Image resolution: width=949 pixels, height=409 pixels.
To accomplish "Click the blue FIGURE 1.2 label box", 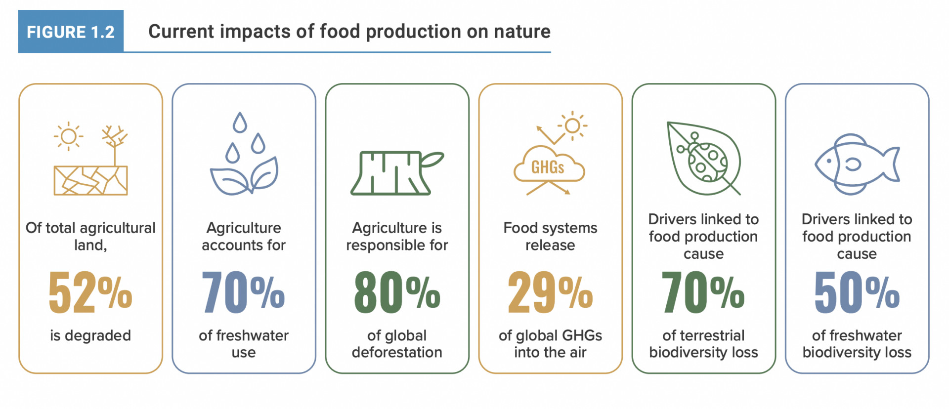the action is [x=71, y=32].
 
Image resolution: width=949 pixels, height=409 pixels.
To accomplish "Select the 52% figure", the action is [x=90, y=292].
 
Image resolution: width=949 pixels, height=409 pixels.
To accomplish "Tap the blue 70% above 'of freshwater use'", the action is [x=243, y=292].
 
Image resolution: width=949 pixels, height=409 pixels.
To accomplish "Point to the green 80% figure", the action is [x=397, y=292].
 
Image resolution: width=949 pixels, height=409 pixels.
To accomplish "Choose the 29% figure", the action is [x=550, y=292].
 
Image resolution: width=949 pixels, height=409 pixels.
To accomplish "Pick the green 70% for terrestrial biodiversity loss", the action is [x=703, y=292].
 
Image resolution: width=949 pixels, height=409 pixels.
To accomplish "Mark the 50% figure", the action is [x=857, y=292].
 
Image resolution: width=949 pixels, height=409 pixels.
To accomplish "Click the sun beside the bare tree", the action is [x=69, y=136].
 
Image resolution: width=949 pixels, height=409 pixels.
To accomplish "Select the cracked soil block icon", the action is [x=90, y=180].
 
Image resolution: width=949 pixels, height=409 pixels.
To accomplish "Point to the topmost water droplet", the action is [x=240, y=123].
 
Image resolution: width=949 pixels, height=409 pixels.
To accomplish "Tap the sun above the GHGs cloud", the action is [x=573, y=125].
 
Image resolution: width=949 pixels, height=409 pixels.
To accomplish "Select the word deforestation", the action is [x=397, y=352].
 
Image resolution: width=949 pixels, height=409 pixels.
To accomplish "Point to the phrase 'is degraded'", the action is [x=90, y=336].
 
